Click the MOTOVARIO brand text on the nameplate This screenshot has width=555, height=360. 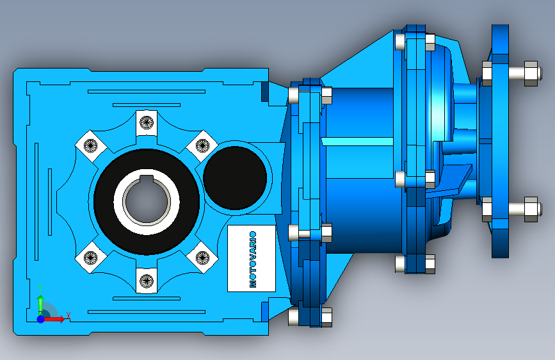(x=253, y=259)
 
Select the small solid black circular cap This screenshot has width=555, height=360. (x=235, y=178)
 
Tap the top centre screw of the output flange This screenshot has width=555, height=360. (x=147, y=122)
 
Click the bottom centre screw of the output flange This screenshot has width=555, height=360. (x=147, y=281)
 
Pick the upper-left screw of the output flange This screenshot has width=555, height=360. (x=91, y=145)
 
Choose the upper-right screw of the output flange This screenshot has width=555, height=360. (x=202, y=145)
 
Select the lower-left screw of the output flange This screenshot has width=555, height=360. (x=91, y=258)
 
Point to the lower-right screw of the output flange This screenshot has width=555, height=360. (x=202, y=258)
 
